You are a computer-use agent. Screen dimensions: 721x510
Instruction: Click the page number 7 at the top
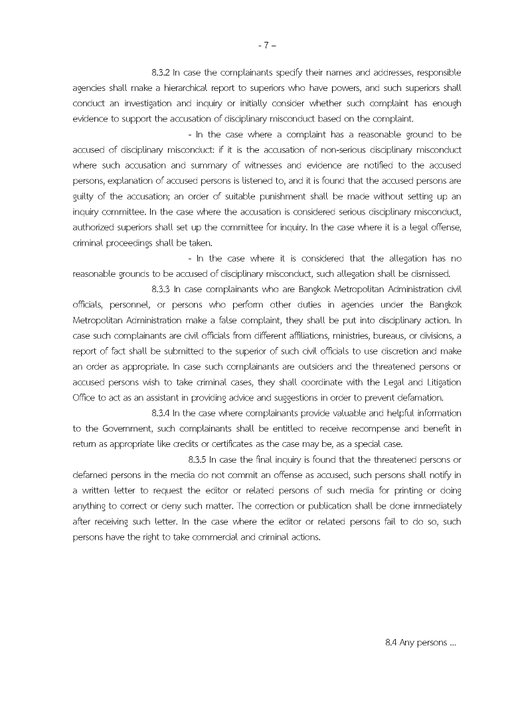265,46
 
